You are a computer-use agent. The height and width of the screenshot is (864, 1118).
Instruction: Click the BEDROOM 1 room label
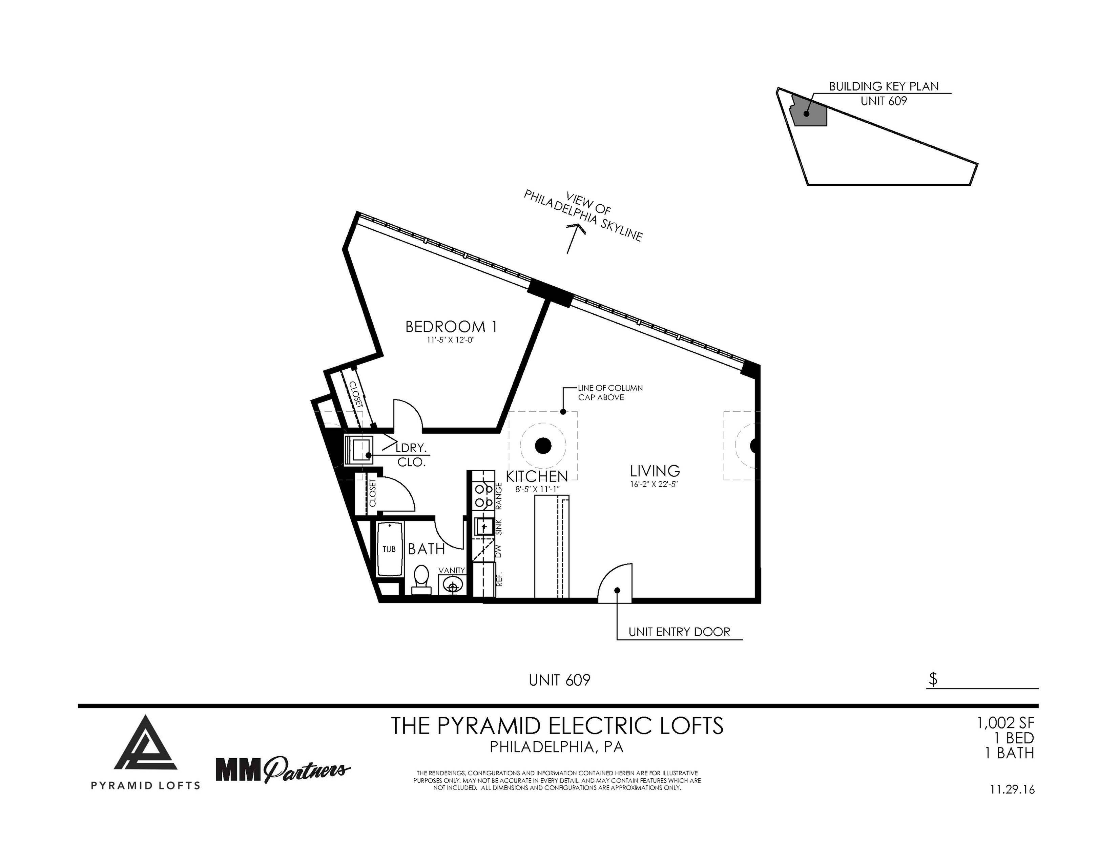[451, 327]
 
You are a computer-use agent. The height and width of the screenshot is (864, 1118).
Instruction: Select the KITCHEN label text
[537, 476]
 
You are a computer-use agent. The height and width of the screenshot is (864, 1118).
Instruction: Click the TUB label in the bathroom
[389, 549]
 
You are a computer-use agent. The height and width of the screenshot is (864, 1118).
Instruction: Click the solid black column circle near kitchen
[543, 446]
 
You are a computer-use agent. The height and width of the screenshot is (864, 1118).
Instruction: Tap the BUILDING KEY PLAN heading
[884, 86]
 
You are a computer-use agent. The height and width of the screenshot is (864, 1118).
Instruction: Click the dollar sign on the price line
[933, 679]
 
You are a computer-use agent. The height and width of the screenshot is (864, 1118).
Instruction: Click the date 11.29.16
[1012, 790]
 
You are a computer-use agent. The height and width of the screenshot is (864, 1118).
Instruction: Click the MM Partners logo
[283, 769]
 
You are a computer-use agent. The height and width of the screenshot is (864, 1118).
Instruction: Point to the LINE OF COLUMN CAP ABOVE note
[610, 393]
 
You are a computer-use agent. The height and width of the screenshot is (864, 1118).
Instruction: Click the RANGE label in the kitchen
[499, 495]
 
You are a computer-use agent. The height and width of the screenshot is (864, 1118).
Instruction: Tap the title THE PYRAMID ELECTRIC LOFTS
[557, 726]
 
